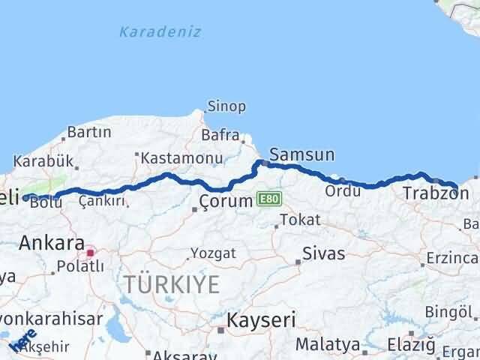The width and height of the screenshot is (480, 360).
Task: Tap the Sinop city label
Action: click(x=226, y=106)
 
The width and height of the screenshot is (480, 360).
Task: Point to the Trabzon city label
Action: click(x=430, y=193)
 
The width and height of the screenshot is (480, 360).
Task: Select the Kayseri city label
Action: click(x=262, y=320)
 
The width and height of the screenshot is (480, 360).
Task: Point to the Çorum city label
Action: click(x=224, y=202)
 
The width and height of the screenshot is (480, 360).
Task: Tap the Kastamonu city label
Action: click(x=183, y=158)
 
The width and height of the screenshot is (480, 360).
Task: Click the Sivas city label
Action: click(x=324, y=253)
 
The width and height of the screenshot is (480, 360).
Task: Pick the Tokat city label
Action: click(x=301, y=220)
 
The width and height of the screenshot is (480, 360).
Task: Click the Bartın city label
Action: click(x=89, y=132)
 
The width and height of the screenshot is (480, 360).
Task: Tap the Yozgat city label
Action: click(x=212, y=253)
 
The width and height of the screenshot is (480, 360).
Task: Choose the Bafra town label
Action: click(x=219, y=136)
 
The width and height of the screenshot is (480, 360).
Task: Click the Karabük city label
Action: click(x=43, y=160)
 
